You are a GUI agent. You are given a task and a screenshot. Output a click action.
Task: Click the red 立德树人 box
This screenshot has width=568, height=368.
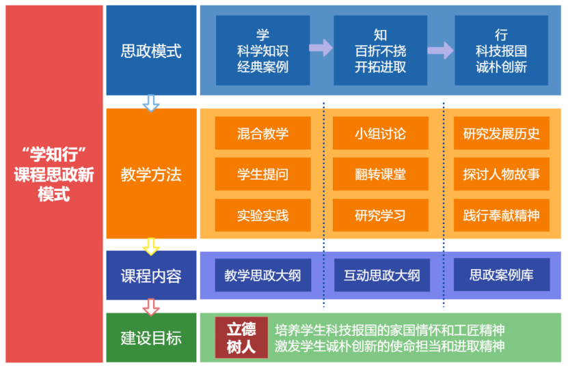coord(241,337)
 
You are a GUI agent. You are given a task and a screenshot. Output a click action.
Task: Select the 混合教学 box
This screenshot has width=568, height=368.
coord(262,133)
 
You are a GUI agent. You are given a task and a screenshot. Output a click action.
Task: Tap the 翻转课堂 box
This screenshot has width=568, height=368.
coord(380,174)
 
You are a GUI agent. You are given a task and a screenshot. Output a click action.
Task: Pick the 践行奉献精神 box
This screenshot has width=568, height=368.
coord(501,216)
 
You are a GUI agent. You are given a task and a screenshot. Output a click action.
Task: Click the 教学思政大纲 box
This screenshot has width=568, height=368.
coord(262,276)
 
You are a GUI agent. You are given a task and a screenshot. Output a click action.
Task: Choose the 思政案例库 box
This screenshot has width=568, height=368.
coord(501,276)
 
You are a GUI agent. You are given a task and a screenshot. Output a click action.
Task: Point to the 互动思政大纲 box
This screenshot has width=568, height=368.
coord(381,276)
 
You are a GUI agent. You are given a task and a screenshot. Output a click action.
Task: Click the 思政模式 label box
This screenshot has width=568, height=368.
coord(151,51)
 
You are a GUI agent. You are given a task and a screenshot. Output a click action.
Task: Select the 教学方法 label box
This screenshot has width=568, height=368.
coord(151,173)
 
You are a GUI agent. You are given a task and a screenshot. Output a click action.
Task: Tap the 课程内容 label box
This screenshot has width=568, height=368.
coord(151,276)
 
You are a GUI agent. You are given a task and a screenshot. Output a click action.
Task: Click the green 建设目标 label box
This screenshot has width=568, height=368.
coord(151,337)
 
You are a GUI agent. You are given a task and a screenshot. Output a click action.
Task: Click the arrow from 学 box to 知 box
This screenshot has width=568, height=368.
coord(320,48)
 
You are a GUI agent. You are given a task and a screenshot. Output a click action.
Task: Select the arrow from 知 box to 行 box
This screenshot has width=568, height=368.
coord(440,51)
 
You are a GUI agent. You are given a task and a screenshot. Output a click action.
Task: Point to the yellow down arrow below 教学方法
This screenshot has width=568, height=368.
coord(151,246)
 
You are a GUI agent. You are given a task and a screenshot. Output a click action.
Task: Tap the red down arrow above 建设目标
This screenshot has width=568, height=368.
coord(151,306)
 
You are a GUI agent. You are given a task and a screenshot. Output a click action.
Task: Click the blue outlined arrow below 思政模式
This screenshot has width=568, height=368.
coord(151,103)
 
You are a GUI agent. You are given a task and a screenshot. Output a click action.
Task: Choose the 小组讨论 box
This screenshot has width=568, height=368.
coord(380,133)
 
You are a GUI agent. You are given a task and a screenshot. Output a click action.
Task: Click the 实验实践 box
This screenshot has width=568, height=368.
coord(262,216)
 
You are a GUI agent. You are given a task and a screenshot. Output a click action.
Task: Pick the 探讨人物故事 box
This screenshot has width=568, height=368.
coord(501,174)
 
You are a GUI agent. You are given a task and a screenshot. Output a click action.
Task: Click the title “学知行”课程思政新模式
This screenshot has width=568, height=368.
coord(53,173)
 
